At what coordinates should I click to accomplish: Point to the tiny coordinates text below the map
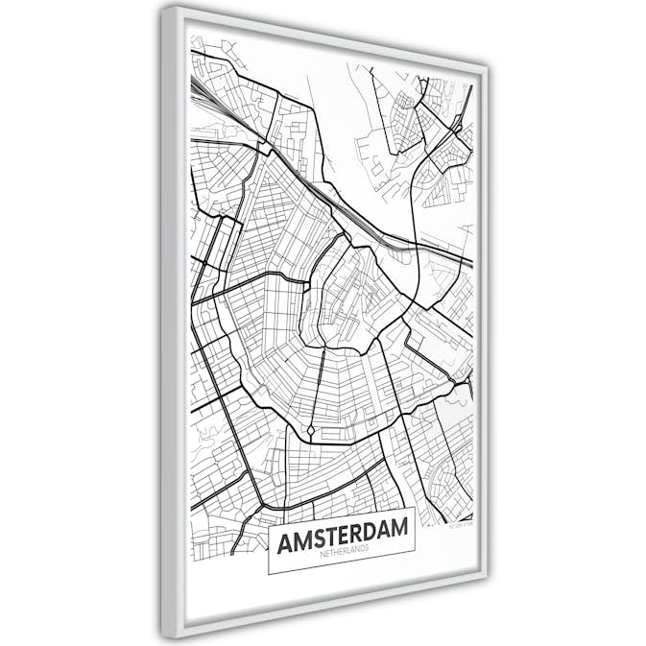coord(461,524)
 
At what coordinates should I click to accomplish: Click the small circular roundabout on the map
coord(311,429)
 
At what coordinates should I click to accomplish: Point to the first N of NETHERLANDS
coord(316,561)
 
